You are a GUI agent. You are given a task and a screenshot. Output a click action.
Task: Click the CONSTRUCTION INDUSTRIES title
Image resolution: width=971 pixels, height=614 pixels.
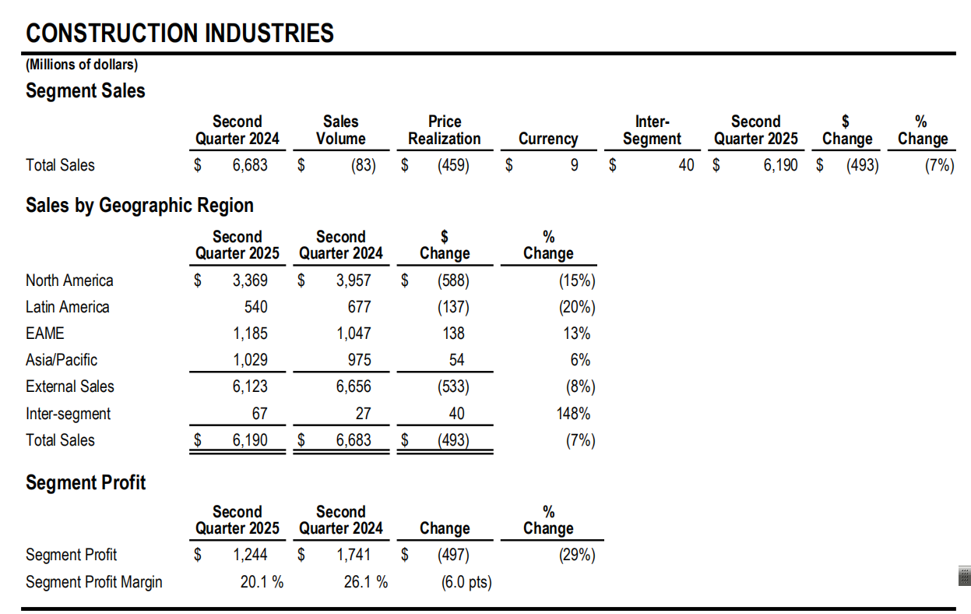[x=180, y=33]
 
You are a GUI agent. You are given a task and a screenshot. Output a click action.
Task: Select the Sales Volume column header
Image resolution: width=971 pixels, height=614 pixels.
[x=341, y=130]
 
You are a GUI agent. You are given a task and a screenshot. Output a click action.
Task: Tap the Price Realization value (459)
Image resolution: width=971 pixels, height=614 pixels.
[x=453, y=165]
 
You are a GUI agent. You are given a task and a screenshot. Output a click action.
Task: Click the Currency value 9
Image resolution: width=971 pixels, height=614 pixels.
[x=575, y=165]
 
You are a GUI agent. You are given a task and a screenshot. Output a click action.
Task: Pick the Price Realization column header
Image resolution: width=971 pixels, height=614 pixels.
[x=445, y=130]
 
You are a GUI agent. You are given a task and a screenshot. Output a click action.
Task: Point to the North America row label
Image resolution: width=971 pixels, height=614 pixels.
[x=69, y=281]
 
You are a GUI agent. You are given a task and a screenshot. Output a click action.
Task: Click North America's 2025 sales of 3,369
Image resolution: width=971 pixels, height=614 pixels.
[x=250, y=281]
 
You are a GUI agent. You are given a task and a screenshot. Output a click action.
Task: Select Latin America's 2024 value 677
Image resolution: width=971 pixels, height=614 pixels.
[x=360, y=307]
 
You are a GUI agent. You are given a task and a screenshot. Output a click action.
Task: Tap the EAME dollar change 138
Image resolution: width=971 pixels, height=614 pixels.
[x=453, y=333]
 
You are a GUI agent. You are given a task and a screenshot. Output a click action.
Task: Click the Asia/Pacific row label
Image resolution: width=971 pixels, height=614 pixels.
[x=62, y=360]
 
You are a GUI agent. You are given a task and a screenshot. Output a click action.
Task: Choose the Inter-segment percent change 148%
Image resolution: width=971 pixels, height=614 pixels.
[x=573, y=414]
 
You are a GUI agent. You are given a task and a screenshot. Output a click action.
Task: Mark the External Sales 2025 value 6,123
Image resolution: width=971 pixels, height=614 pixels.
[x=250, y=386]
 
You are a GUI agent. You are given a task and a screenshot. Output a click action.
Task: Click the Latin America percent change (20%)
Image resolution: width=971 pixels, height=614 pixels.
[x=577, y=307]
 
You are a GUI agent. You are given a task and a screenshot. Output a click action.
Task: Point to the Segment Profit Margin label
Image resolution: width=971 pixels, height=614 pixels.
[x=94, y=582]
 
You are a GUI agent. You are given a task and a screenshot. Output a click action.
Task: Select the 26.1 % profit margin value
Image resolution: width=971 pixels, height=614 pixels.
[x=366, y=582]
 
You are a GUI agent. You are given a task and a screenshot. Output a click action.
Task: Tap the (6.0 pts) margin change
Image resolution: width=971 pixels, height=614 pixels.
[x=466, y=582]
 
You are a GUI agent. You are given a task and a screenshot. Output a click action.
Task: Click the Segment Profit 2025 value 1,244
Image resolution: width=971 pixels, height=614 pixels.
[x=250, y=555]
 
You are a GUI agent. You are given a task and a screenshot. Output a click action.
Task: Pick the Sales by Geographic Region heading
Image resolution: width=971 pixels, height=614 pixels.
[x=139, y=205]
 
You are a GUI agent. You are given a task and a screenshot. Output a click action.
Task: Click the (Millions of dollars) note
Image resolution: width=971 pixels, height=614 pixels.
[x=82, y=65]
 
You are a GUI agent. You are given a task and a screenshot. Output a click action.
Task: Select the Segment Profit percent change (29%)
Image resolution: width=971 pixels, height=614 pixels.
[x=577, y=555]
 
